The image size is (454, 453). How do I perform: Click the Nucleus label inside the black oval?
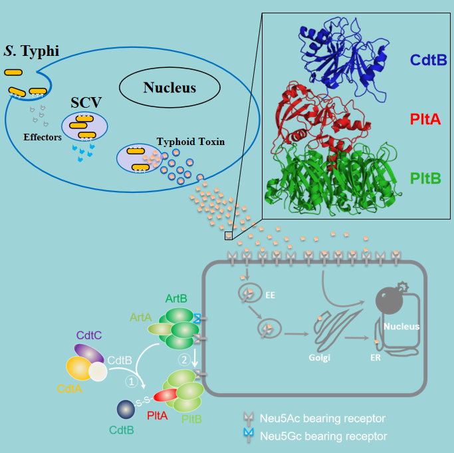coord(170,87)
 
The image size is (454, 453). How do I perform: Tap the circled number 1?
coord(132,382)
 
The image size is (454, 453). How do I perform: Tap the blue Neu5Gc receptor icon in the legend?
coord(249,436)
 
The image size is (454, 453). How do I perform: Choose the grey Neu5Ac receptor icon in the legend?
coord(249,418)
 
